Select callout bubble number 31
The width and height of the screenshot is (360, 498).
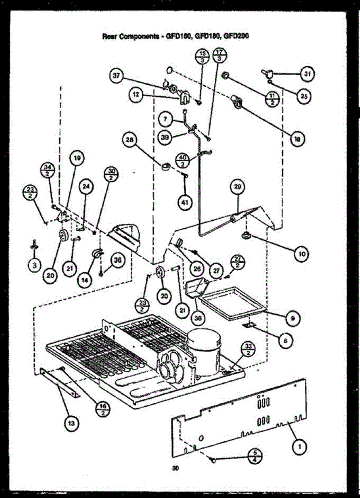307,74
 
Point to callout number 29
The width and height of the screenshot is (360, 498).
238,188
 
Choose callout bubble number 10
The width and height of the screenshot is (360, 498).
299,253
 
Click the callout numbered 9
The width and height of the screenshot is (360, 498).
293,318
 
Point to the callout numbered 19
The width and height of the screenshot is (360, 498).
78,158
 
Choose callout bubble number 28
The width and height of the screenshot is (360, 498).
129,140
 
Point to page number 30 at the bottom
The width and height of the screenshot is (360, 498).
176,469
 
